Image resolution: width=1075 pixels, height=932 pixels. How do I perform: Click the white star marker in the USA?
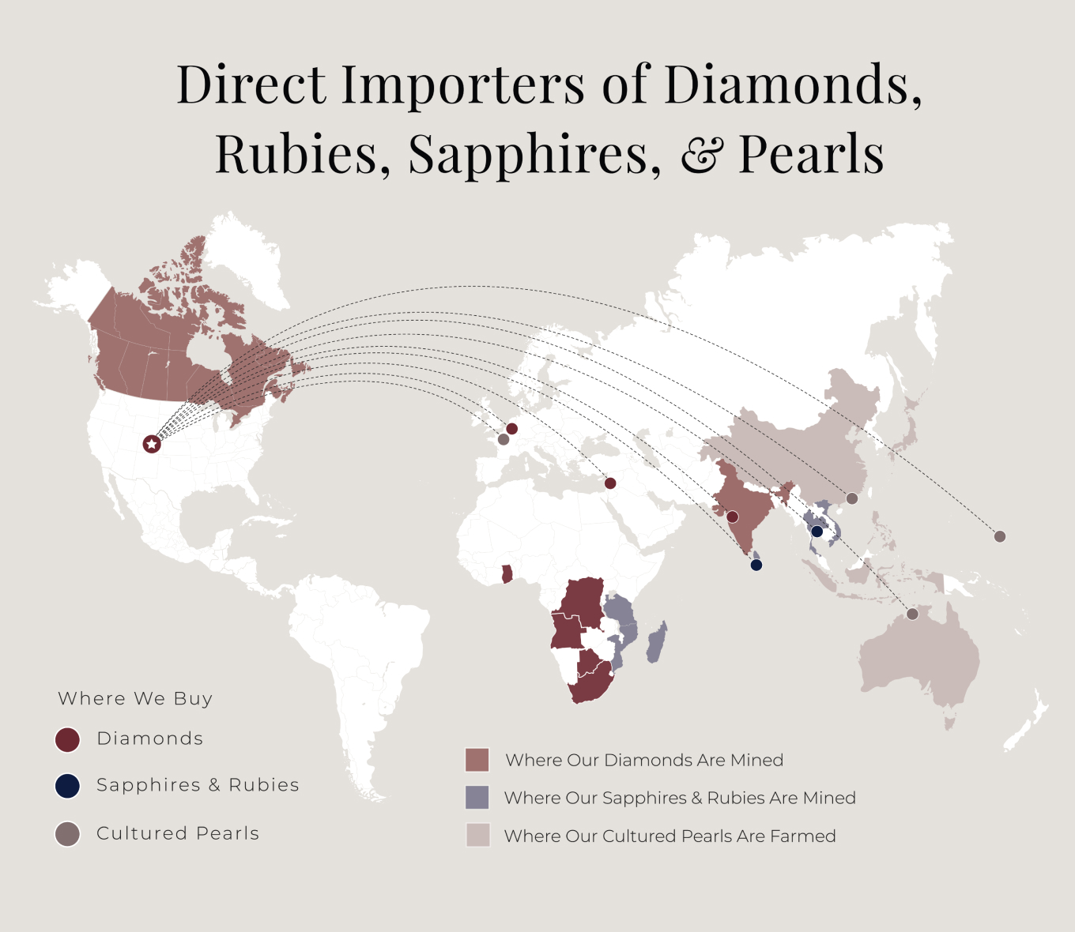(151, 444)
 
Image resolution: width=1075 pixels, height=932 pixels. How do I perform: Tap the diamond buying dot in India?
(732, 517)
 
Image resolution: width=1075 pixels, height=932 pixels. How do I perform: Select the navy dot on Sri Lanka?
(756, 565)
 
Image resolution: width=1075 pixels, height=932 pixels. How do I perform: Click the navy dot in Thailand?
(817, 532)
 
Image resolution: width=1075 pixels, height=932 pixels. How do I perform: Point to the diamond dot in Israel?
(610, 483)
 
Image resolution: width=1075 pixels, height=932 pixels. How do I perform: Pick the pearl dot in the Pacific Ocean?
(1000, 536)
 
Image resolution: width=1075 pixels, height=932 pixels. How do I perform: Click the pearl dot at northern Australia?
(913, 614)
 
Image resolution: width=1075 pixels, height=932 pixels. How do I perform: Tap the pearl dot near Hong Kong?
(852, 498)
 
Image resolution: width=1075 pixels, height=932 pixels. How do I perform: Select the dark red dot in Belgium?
(511, 429)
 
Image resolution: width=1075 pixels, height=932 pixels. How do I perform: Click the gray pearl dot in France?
(504, 439)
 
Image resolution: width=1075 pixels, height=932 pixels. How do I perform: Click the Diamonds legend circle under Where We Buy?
(68, 740)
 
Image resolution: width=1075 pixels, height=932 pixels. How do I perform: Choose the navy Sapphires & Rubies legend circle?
(68, 786)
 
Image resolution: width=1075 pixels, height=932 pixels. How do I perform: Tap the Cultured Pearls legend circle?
(68, 834)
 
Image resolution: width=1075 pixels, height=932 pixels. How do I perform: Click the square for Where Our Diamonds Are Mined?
(477, 760)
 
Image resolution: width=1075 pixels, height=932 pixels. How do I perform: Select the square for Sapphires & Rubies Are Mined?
(477, 798)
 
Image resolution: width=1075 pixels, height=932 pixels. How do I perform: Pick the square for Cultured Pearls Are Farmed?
(477, 836)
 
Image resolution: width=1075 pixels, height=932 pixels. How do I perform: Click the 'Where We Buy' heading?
(135, 699)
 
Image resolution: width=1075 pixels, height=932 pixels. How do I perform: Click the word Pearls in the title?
(811, 154)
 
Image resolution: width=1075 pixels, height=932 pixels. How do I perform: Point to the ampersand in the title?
(700, 156)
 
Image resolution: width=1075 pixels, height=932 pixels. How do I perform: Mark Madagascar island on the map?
(656, 641)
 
